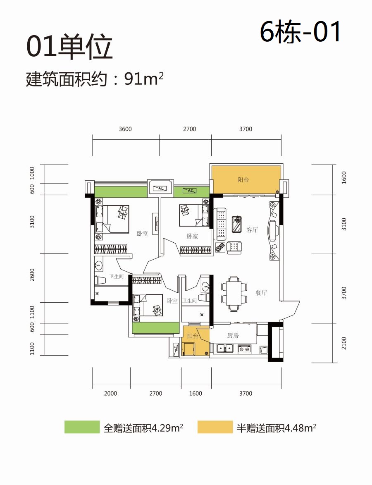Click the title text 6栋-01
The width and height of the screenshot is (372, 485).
(x=300, y=31)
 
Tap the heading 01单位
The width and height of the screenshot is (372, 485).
(x=69, y=47)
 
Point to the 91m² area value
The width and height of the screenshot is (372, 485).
(x=144, y=79)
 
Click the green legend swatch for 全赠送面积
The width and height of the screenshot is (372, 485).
(x=82, y=427)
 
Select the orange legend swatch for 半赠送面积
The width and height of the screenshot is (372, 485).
(x=215, y=427)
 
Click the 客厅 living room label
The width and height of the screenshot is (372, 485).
(x=252, y=230)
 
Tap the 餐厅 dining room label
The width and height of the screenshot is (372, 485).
(x=261, y=293)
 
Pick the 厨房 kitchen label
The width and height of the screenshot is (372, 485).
(x=233, y=336)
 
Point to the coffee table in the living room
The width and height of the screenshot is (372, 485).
(x=237, y=224)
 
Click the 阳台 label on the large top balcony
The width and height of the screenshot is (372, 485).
(x=243, y=180)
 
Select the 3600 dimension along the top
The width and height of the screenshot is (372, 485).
(x=125, y=129)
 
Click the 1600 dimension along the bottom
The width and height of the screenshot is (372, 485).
(x=196, y=394)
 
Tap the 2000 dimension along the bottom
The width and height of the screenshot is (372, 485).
(x=110, y=394)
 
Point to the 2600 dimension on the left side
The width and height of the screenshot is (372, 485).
(x=32, y=275)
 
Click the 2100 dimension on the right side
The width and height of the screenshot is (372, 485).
(x=344, y=343)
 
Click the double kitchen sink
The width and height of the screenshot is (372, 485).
(x=225, y=348)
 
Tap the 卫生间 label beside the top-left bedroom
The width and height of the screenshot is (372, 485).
(x=116, y=277)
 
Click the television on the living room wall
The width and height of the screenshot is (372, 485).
(x=273, y=230)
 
